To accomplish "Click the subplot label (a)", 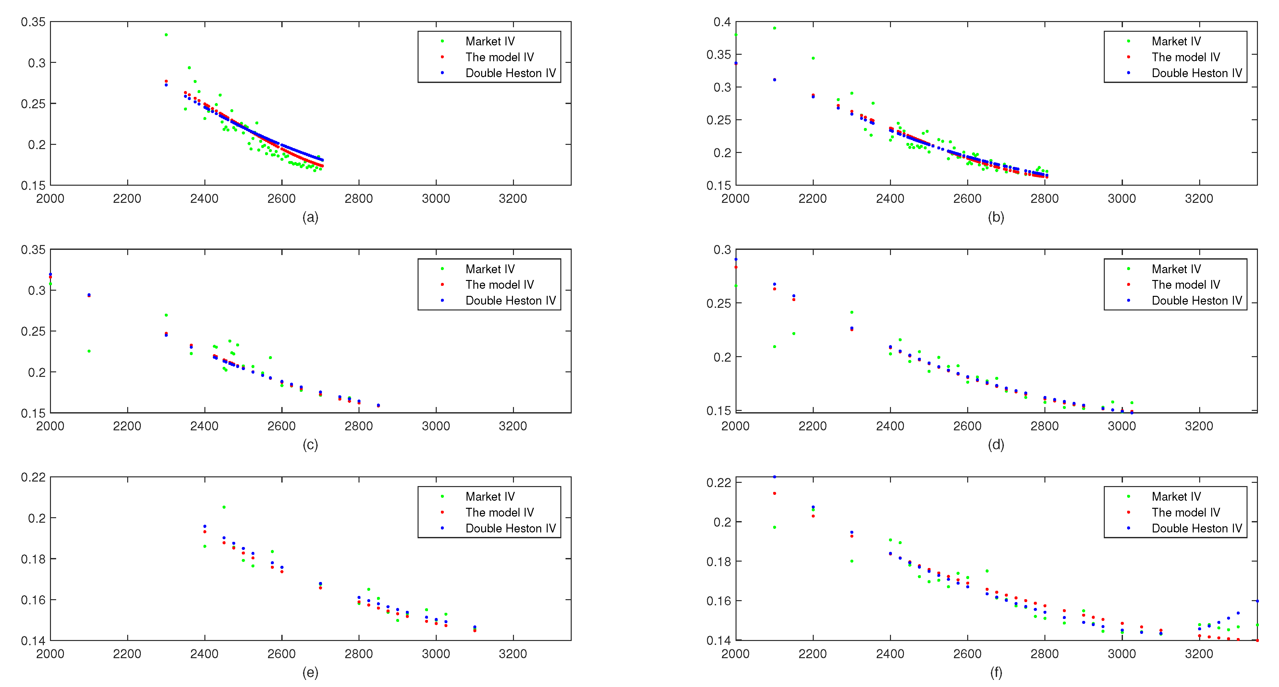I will (310, 217).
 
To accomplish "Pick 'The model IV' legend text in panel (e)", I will (499, 512).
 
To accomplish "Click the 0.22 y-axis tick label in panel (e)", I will (33, 477).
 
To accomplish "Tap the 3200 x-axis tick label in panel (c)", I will (512, 425).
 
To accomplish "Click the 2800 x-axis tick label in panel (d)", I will (1044, 425).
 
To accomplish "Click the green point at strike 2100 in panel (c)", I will (89, 351).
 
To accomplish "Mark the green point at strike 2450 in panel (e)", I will (224, 507).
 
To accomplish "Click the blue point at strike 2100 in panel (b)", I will (774, 80).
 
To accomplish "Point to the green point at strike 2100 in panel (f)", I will (774, 527).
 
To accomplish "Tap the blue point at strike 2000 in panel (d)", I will (736, 259).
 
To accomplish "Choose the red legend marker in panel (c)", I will (442, 284).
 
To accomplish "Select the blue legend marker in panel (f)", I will (1128, 528).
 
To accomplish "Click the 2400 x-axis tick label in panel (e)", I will (204, 653).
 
